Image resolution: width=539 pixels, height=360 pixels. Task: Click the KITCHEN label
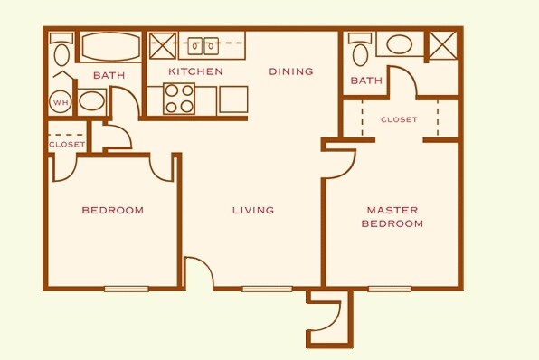coord(195,71)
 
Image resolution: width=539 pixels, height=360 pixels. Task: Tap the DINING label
coord(291,71)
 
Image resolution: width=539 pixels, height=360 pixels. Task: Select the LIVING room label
coord(253,211)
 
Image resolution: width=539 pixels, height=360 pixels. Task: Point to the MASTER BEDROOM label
coord(392,216)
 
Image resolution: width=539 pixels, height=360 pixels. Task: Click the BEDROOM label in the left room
coord(113,211)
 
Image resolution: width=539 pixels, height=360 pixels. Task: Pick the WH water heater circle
coord(61,101)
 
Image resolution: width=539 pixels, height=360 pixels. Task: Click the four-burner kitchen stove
coord(178,99)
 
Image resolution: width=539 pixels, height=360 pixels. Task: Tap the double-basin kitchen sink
coord(200,43)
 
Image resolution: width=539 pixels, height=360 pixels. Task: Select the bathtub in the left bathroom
coord(109,46)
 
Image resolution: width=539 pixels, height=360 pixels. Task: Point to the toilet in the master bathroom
coord(359,51)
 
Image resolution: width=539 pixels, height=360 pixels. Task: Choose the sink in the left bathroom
coord(91,99)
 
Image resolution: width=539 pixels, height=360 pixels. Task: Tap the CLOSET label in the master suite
coord(399,119)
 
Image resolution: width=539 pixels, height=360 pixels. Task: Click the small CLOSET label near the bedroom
coord(67,144)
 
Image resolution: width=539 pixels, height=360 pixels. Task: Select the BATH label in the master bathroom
coord(366,81)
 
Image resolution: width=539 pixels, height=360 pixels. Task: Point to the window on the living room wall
coord(260,289)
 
